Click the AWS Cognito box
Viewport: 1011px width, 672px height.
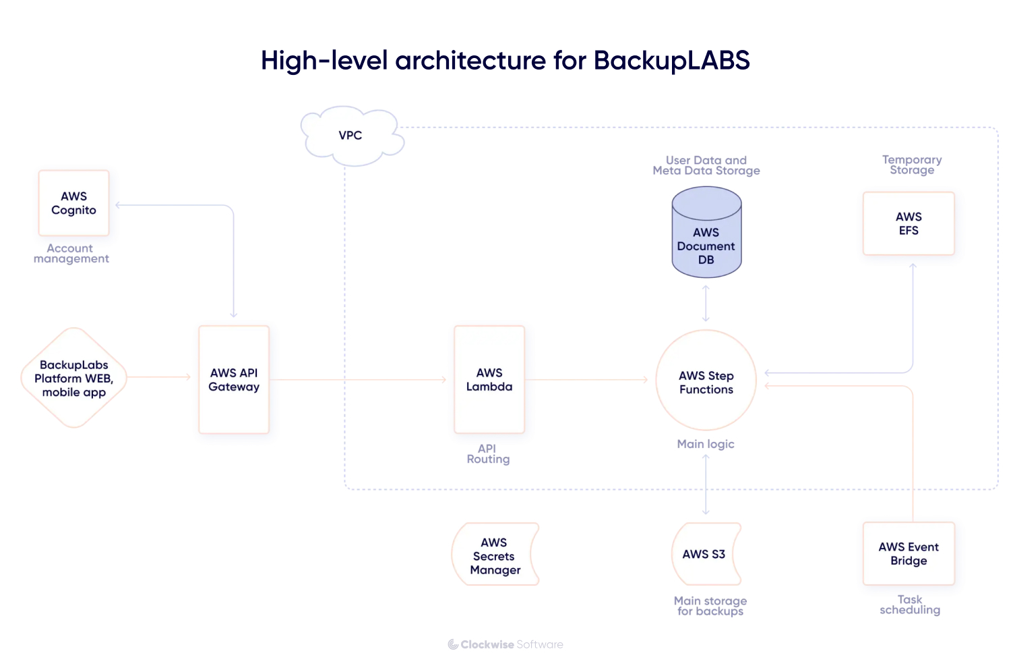[x=73, y=203]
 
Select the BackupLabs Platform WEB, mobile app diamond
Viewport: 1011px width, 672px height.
[x=74, y=378]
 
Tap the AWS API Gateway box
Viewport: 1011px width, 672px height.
[x=234, y=379]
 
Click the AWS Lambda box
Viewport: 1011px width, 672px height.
[x=489, y=379]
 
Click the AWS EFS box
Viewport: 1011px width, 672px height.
[x=909, y=223]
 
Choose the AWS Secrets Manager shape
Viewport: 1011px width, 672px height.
[x=495, y=555]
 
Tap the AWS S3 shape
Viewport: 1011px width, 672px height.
[x=705, y=554]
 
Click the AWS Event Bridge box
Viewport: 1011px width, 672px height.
[x=909, y=553]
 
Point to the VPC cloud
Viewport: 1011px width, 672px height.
[x=351, y=136]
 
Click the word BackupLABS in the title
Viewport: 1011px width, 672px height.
[x=671, y=61]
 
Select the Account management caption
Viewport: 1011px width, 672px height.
[x=71, y=254]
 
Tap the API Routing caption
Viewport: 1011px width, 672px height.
[x=488, y=454]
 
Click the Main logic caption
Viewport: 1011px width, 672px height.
[x=706, y=444]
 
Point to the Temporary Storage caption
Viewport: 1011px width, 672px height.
[x=912, y=165]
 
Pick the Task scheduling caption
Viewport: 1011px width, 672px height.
[x=910, y=605]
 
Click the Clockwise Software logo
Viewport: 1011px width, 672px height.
[x=506, y=644]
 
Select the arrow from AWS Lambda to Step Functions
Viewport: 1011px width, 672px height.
[x=586, y=380]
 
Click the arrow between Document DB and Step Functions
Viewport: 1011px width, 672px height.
[x=706, y=303]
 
